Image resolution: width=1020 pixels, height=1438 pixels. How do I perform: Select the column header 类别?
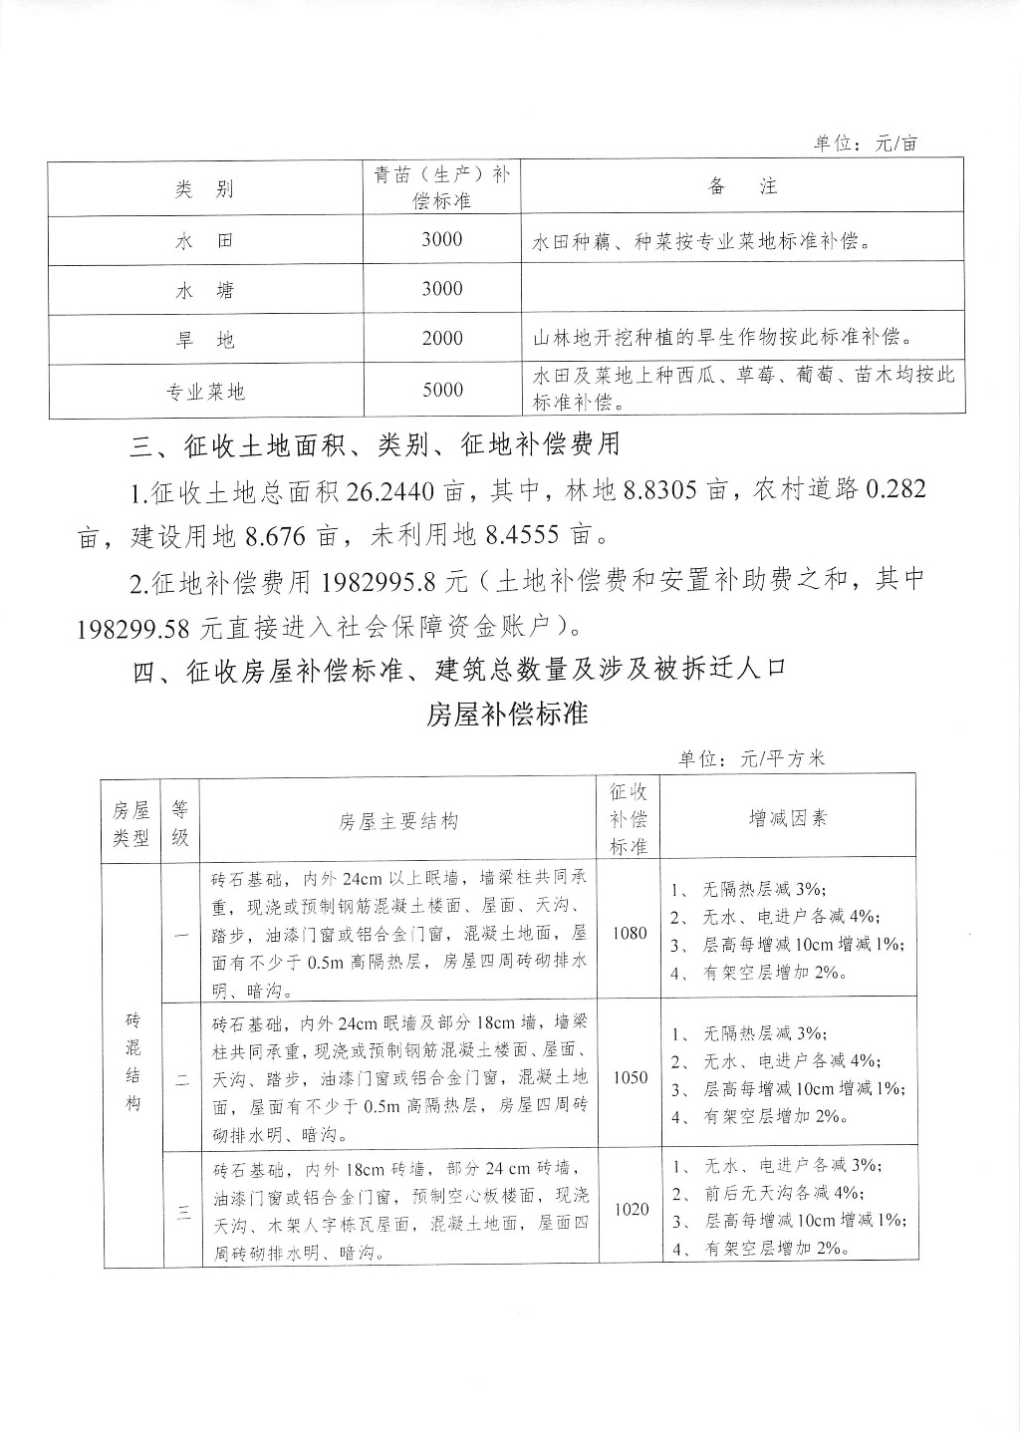pyautogui.click(x=204, y=189)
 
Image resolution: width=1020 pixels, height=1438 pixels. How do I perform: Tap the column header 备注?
pyautogui.click(x=742, y=186)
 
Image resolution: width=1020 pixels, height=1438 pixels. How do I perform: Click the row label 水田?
pyautogui.click(x=204, y=241)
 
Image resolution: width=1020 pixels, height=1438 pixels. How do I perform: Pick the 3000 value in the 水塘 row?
pyautogui.click(x=441, y=289)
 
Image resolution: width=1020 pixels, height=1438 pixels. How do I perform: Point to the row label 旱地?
pyautogui.click(x=204, y=340)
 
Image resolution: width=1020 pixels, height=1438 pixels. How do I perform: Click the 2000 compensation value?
pyautogui.click(x=441, y=339)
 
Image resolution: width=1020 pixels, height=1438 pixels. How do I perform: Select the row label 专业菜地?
pyautogui.click(x=204, y=392)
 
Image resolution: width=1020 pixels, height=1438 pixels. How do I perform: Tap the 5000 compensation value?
pyautogui.click(x=441, y=390)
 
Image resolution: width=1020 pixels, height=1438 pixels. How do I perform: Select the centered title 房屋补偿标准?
pyautogui.click(x=508, y=715)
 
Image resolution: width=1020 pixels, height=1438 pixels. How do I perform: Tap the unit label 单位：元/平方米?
pyautogui.click(x=752, y=758)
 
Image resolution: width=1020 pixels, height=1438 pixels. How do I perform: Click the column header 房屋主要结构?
pyautogui.click(x=398, y=821)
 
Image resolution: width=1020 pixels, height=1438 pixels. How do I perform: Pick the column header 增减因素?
pyautogui.click(x=788, y=818)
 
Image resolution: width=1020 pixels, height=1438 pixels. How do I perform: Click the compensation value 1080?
pyautogui.click(x=630, y=934)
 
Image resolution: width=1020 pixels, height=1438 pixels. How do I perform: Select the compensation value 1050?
pyautogui.click(x=630, y=1077)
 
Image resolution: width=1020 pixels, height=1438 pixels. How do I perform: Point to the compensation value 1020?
pyautogui.click(x=632, y=1209)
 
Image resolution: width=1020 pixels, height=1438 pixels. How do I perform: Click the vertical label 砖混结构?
pyautogui.click(x=133, y=1062)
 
